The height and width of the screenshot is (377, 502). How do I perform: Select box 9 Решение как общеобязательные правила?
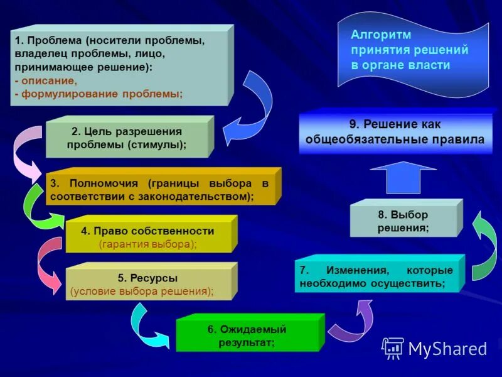pyautogui.click(x=395, y=133)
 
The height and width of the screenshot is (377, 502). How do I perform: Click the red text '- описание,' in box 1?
pyautogui.click(x=45, y=80)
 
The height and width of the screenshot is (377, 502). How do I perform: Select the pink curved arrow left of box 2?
pyautogui.click(x=25, y=154)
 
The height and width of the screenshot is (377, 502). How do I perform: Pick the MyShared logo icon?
pyautogui.click(x=393, y=347)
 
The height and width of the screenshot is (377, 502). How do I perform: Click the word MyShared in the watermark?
pyautogui.click(x=447, y=348)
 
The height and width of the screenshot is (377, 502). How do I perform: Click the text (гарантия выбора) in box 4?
pyautogui.click(x=147, y=244)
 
